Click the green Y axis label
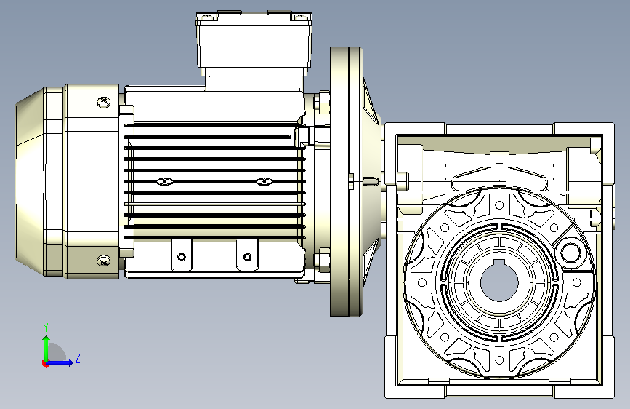click(x=46, y=327)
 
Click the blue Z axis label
click(x=78, y=358)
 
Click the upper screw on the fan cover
click(x=104, y=101)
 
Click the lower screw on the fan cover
click(x=104, y=261)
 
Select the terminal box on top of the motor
click(x=254, y=44)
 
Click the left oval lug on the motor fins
click(x=165, y=181)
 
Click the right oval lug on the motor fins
click(x=264, y=181)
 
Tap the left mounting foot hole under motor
click(x=182, y=257)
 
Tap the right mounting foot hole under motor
click(x=248, y=257)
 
